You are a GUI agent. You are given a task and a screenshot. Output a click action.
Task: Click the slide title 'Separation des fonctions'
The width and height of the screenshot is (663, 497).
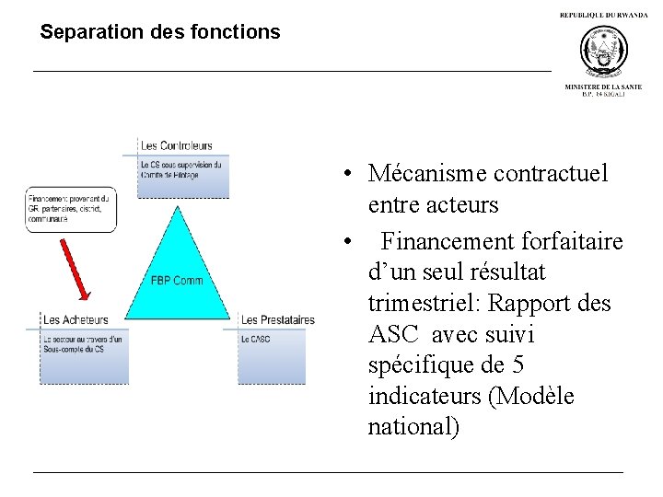(160, 32)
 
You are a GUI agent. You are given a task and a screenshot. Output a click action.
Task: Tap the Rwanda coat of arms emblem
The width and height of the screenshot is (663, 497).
(603, 51)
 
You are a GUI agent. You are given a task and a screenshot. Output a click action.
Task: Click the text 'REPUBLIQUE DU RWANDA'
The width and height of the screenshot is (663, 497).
(603, 16)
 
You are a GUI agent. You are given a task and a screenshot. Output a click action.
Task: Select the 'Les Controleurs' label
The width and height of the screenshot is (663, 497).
(176, 145)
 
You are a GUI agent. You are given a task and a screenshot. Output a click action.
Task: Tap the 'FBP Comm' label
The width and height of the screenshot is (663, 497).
(177, 280)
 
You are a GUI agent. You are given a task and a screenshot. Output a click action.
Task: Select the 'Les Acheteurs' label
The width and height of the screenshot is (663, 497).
(76, 320)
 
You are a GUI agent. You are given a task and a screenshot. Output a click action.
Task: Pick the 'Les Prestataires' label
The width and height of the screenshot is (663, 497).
(277, 320)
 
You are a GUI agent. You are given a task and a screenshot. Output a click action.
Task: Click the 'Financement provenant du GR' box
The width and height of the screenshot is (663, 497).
(70, 210)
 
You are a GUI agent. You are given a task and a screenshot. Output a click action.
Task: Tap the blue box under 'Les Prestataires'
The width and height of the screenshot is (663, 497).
(272, 357)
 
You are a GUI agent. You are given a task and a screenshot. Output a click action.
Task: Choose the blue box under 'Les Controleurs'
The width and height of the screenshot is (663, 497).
(182, 177)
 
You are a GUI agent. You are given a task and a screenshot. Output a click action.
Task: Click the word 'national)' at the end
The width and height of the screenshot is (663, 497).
(413, 428)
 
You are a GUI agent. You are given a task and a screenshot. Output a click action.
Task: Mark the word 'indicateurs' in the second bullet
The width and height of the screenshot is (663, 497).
(425, 397)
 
